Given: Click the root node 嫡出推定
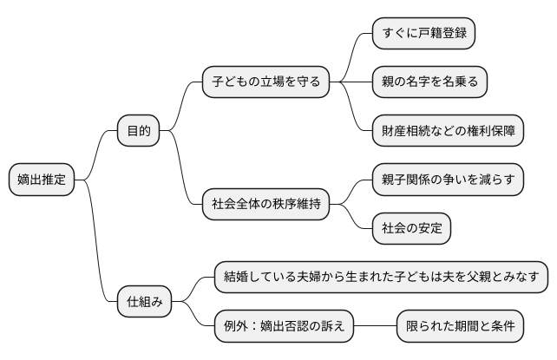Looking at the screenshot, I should click(42, 180).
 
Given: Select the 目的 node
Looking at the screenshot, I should click(138, 131).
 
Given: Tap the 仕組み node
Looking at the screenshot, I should click(144, 303).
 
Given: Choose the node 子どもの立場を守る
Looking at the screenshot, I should click(265, 82).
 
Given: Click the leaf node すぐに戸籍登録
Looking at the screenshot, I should click(423, 34).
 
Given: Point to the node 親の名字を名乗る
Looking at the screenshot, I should click(429, 82).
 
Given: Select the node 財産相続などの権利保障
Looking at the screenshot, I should click(448, 131).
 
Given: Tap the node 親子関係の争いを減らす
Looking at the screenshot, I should click(448, 180).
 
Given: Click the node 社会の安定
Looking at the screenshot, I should click(411, 229).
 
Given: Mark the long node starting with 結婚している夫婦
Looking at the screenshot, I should click(381, 278).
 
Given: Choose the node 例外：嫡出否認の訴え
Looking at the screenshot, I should click(284, 327).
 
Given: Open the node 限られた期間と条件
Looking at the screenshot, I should click(460, 327).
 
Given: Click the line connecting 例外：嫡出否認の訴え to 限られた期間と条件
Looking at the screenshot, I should click(375, 327).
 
